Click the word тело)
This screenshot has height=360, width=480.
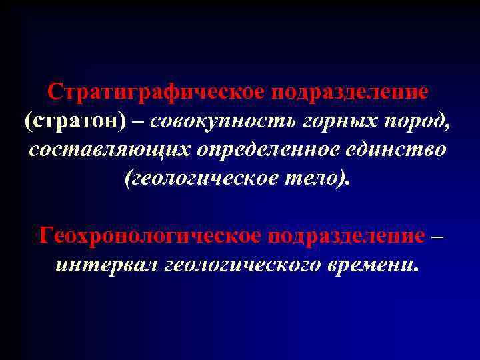pyautogui.click(x=323, y=179)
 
